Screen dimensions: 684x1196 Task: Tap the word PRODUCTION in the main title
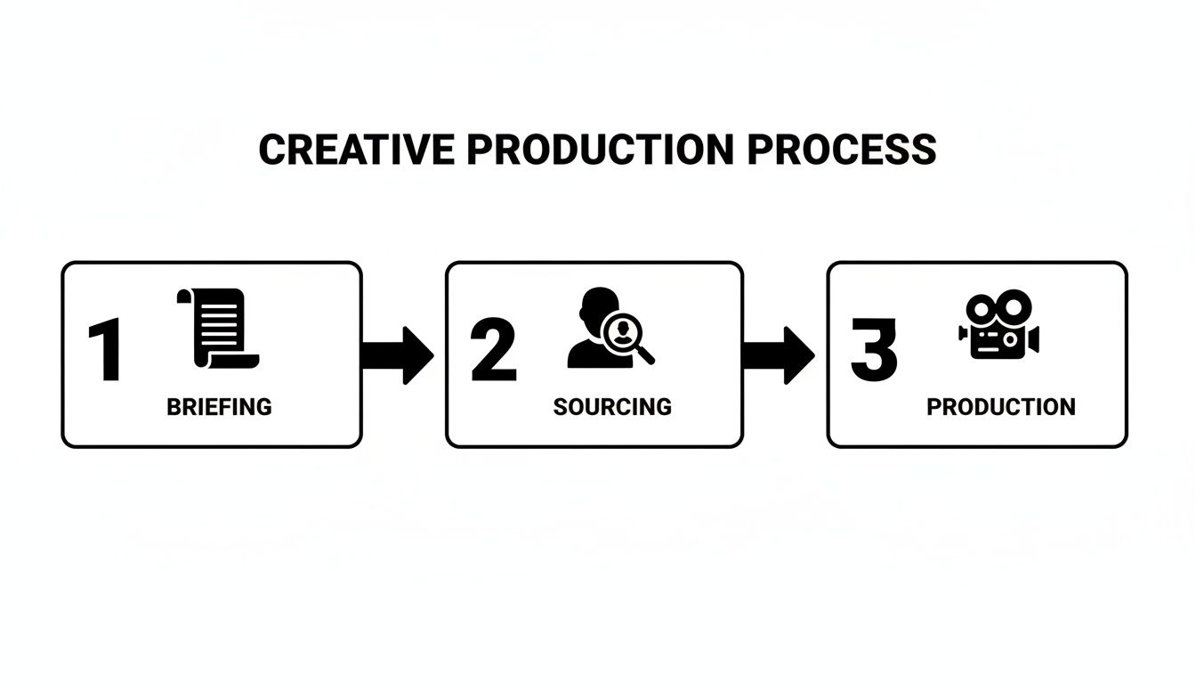601,150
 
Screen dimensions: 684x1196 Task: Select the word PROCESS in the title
841,150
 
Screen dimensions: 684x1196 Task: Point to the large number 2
493,352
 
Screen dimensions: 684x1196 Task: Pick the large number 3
873,350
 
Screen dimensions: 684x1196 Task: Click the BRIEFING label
219,407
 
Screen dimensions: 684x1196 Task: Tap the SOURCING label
612,407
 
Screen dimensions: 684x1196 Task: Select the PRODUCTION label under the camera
1000,407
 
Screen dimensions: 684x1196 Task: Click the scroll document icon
219,327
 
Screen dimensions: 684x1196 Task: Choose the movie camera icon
998,327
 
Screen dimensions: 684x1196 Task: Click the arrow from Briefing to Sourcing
397,354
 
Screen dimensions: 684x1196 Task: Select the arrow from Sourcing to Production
778,354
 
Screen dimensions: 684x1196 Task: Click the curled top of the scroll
185,297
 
